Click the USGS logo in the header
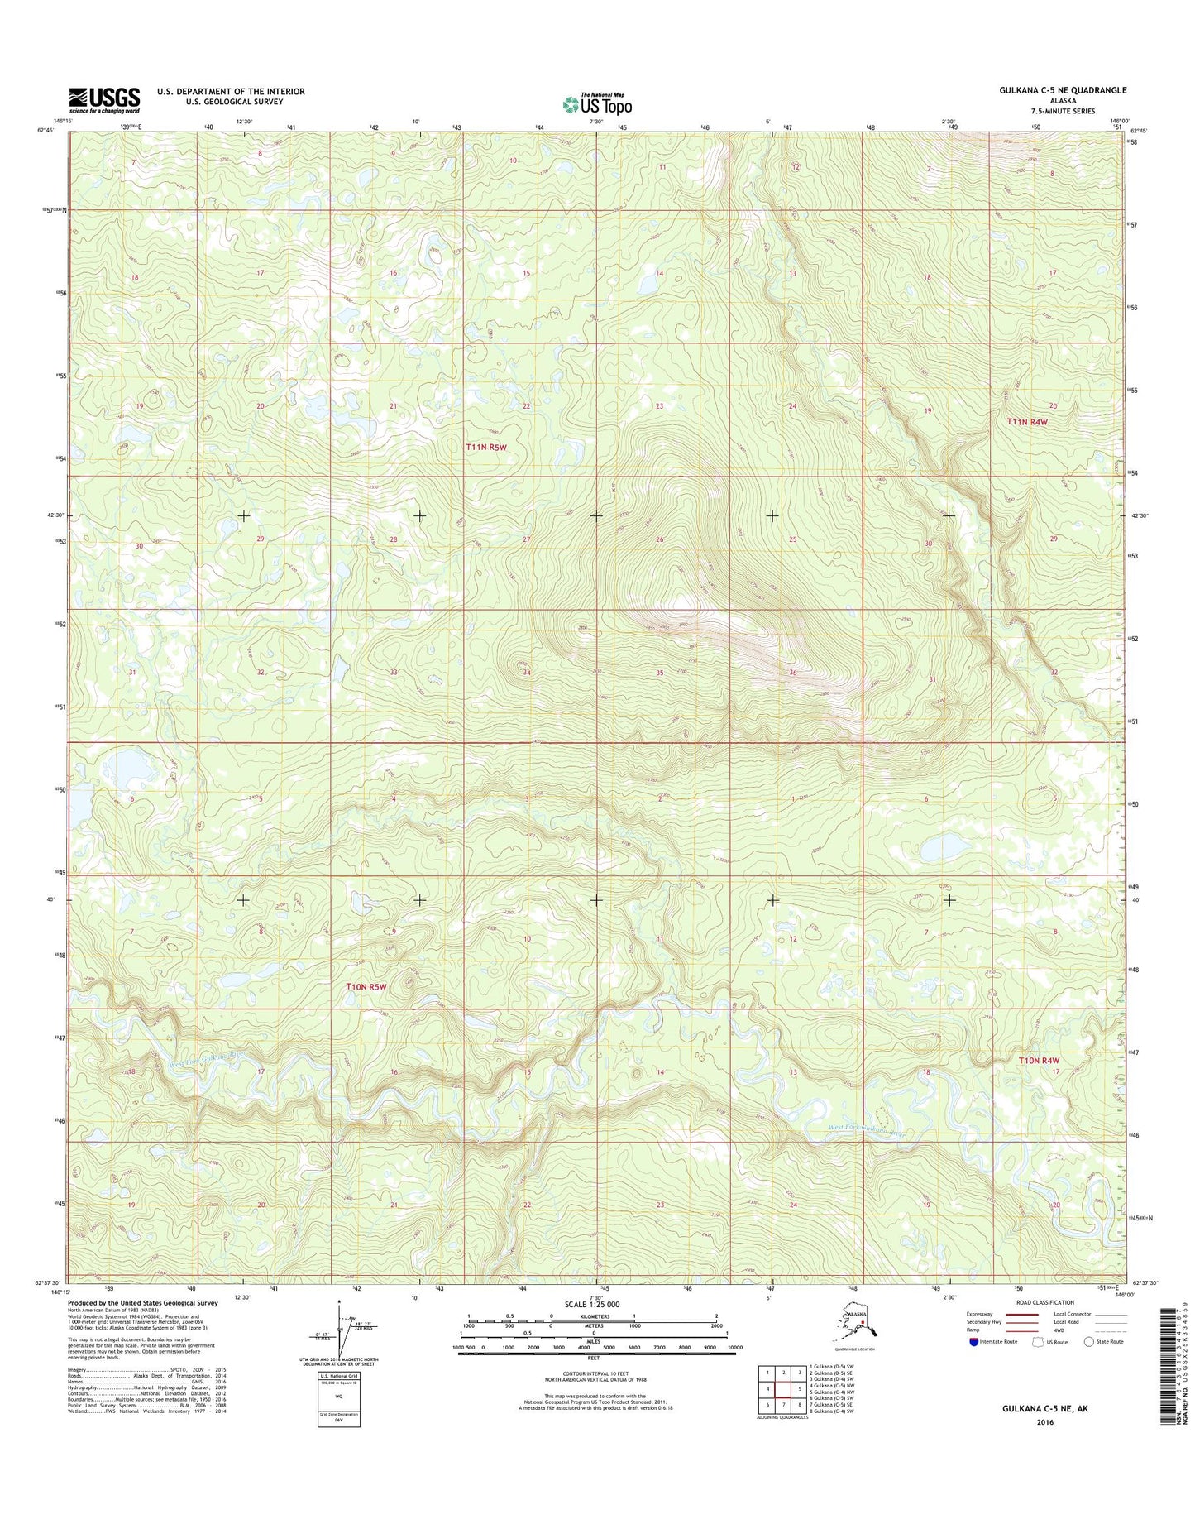(x=104, y=99)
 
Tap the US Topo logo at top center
(x=597, y=104)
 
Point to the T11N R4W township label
(x=1027, y=422)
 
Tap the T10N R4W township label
(x=1039, y=1060)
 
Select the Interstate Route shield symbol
(x=974, y=1342)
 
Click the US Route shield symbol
(x=1037, y=1342)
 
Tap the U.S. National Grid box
(x=338, y=1399)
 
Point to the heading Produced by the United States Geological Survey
(x=143, y=1303)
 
